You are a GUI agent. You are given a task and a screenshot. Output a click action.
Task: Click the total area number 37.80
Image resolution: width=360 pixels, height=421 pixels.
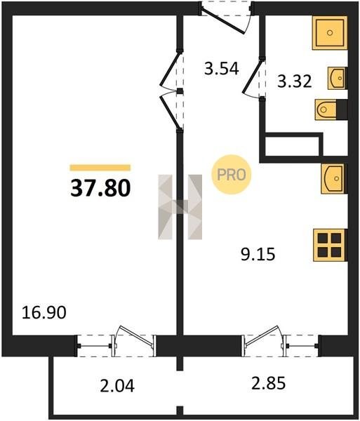tap(100, 188)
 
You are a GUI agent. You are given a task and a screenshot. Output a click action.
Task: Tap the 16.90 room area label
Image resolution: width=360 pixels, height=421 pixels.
tap(44, 313)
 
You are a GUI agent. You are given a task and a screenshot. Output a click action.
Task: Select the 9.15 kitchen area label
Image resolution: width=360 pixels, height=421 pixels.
tap(258, 254)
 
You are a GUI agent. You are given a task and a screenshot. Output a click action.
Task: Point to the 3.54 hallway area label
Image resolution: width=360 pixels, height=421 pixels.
tap(222, 69)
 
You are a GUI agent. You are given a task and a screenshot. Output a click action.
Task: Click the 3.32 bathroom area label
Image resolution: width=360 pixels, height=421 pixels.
tap(295, 81)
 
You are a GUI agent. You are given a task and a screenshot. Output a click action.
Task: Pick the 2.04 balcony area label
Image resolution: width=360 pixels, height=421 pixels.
tap(117, 386)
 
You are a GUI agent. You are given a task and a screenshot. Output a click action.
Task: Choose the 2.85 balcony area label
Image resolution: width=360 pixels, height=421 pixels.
tap(268, 383)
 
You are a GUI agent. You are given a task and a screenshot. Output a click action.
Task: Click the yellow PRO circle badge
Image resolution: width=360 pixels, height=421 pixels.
tap(232, 175)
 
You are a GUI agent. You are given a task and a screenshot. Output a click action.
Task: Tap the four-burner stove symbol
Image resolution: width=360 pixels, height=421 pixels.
tap(330, 245)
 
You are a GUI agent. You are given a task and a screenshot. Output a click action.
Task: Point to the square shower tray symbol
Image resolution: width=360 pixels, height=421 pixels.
tap(330, 33)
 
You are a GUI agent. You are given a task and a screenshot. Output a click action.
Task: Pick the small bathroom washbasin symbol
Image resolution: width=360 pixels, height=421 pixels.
tap(337, 78)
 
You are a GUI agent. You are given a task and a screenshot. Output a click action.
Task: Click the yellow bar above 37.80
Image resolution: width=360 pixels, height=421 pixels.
tap(100, 168)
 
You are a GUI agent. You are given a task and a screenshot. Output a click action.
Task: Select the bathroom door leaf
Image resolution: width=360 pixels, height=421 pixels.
tap(252, 76)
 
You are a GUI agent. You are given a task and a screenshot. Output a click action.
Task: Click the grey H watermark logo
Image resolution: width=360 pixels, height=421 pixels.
tap(180, 207)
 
